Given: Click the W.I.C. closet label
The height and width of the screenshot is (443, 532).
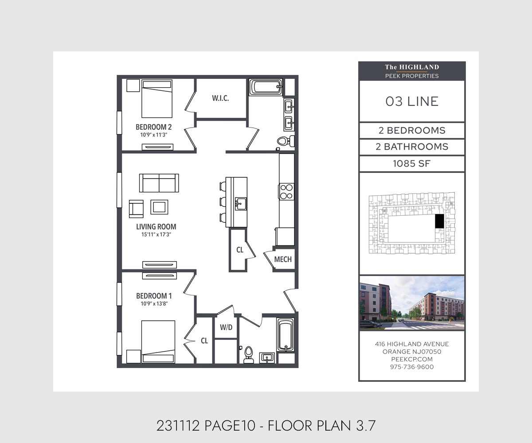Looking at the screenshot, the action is click(x=220, y=98).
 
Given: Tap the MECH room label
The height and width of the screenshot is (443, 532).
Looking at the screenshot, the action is click(x=283, y=259).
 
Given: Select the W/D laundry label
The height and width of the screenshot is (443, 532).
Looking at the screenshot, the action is click(x=226, y=327).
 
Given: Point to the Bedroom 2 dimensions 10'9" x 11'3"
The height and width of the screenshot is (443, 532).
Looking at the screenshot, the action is click(x=154, y=135).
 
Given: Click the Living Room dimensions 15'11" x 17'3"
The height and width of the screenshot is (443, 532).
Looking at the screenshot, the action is click(x=156, y=234).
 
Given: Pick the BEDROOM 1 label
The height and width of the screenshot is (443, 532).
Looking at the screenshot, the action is click(x=154, y=296).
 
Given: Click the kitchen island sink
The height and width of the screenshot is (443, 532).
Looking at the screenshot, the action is click(x=241, y=204).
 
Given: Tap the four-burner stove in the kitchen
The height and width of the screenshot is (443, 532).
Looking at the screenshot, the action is click(x=286, y=192).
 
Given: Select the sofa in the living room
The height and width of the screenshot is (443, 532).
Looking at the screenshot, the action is click(x=159, y=183).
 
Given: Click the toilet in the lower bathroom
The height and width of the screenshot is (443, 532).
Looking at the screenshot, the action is click(x=248, y=355).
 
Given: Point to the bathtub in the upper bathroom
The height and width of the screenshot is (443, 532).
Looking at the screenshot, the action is click(x=266, y=87).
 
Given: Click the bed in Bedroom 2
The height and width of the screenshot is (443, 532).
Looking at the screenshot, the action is click(x=157, y=98).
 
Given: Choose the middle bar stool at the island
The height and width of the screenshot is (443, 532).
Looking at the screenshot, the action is click(x=223, y=202).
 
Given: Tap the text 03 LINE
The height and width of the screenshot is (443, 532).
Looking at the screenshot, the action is click(x=412, y=101).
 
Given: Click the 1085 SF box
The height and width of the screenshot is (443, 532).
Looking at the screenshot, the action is click(x=412, y=164).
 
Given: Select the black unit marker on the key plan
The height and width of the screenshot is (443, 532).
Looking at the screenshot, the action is click(x=439, y=221).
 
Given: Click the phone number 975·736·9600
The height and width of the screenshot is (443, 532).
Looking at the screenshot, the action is click(x=412, y=367).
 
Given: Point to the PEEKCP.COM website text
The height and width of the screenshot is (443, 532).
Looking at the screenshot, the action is click(x=412, y=359).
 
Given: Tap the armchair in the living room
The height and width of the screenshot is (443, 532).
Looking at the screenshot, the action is click(x=136, y=209).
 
